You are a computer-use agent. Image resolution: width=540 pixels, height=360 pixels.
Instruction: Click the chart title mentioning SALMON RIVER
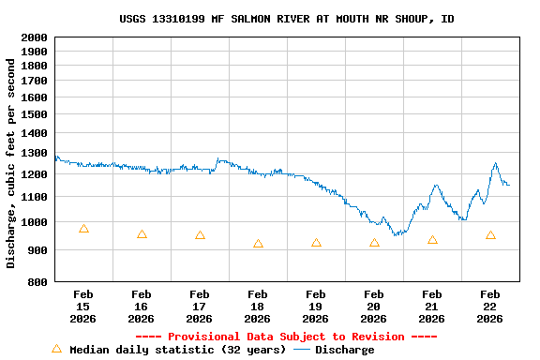[287, 19]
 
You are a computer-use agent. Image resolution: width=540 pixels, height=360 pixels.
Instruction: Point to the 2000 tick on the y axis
[34, 37]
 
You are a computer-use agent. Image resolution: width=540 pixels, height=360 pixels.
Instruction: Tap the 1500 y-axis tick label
[34, 115]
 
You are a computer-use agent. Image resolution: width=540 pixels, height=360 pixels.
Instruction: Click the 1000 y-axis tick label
[34, 222]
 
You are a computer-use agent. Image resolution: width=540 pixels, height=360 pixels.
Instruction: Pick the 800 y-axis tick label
[37, 281]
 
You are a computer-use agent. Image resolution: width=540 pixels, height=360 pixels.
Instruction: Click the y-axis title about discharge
[11, 163]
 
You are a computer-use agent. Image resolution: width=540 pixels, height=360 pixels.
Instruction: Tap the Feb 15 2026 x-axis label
[83, 307]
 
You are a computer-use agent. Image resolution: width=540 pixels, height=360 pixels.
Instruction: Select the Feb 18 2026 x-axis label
[258, 307]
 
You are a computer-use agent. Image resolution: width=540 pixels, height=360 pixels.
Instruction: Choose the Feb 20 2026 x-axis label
[374, 307]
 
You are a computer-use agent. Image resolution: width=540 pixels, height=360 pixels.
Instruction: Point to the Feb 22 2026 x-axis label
[489, 307]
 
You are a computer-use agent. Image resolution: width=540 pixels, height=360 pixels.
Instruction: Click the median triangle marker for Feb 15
[83, 228]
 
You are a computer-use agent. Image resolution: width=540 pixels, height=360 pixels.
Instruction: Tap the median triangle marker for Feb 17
[200, 235]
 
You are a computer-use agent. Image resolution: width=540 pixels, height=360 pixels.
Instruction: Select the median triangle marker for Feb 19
[316, 243]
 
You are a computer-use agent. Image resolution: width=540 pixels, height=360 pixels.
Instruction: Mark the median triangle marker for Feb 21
[432, 240]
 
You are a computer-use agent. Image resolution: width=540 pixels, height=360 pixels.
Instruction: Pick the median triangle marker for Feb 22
[490, 235]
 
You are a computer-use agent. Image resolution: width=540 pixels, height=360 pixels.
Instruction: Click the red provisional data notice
[286, 337]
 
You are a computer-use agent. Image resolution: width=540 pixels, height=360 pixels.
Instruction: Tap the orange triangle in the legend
[56, 349]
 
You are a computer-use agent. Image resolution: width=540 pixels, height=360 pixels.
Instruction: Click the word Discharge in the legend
[344, 350]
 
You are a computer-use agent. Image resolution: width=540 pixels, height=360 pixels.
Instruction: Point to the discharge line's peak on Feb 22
[495, 164]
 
